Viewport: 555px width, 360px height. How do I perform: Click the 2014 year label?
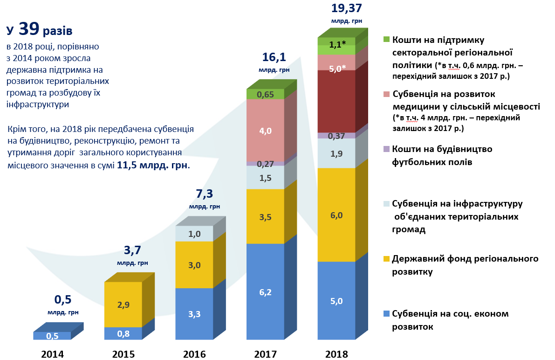(52, 354)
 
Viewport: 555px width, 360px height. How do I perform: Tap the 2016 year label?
(194, 354)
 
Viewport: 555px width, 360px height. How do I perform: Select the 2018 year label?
(336, 354)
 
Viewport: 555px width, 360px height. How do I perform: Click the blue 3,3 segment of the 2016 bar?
(194, 314)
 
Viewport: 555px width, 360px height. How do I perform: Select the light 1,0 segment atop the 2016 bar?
(194, 234)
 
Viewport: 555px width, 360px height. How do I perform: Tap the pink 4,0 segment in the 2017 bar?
(265, 131)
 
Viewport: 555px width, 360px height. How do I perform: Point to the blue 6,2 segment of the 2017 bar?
(265, 292)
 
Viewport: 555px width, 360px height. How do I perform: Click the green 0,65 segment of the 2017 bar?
(265, 94)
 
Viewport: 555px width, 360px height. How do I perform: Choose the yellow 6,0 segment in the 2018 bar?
(336, 215)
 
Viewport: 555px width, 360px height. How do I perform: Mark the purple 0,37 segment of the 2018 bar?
(336, 136)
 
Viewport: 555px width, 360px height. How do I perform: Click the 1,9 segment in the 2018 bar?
(336, 153)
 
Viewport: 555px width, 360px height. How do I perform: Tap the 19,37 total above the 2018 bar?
(346, 8)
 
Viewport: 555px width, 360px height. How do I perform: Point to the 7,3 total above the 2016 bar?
(204, 194)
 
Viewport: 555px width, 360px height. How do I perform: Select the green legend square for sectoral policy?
(386, 40)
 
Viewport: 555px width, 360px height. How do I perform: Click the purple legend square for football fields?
(386, 149)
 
